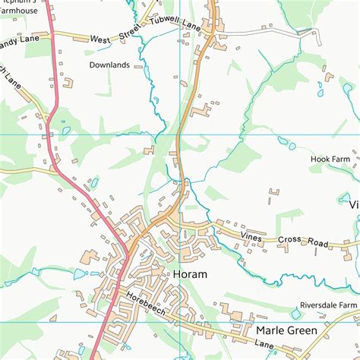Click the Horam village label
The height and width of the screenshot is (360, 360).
[x=190, y=274]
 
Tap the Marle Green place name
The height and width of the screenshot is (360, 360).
[x=286, y=330]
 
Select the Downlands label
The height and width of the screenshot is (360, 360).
[x=109, y=65]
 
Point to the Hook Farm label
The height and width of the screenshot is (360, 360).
[x=329, y=159]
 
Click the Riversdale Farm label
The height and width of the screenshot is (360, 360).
[x=327, y=305]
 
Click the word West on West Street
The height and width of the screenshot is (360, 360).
[x=99, y=38]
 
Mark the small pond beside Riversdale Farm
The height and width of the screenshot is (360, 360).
[x=295, y=314]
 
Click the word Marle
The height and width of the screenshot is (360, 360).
[x=269, y=330]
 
